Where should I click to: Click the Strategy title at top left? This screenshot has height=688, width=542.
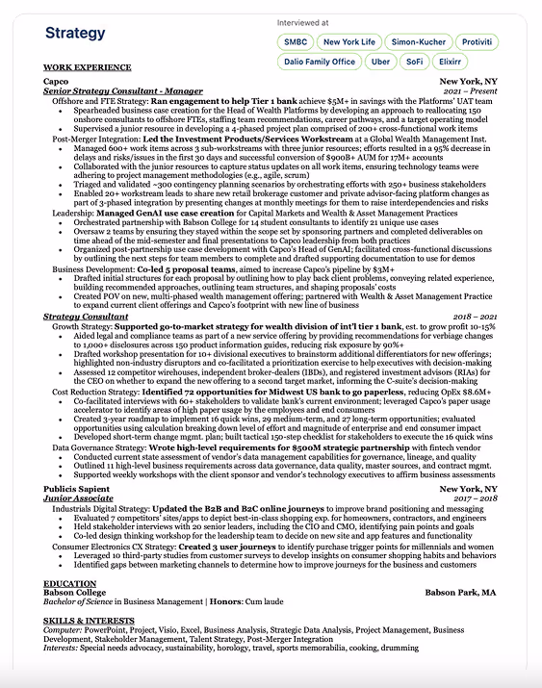[x=75, y=34]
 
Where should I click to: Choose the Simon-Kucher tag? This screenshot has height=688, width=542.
[x=419, y=42]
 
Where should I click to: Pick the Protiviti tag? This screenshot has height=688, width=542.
[x=477, y=42]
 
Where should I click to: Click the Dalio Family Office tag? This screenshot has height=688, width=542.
[x=319, y=62]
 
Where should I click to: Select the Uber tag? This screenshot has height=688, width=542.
[x=380, y=62]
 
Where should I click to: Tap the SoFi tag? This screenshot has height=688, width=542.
[x=415, y=62]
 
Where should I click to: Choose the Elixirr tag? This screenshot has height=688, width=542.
[x=455, y=62]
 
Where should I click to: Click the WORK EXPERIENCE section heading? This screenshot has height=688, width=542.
[x=87, y=67]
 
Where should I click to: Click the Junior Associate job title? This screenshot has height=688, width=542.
[x=79, y=498]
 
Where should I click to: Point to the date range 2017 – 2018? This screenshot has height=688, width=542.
[x=475, y=498]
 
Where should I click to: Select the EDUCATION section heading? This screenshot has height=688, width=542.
[x=70, y=583]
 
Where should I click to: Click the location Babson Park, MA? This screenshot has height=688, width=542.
[x=460, y=593]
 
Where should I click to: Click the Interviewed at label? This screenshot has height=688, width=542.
[x=301, y=21]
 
